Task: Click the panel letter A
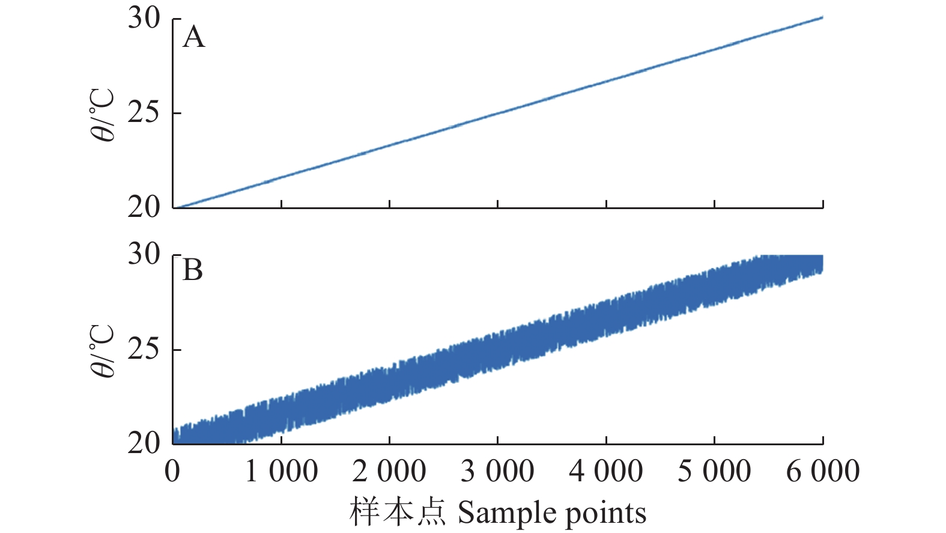point(193,37)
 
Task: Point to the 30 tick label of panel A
point(144,18)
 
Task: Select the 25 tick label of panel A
point(144,112)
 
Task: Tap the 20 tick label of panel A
point(144,207)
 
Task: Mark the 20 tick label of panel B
point(144,443)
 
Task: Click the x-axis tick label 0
point(172,471)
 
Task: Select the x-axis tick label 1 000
point(281,471)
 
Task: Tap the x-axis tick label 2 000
point(389,471)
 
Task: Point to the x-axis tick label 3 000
point(497,471)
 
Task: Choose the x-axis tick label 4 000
point(606,471)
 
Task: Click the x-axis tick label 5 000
point(714,471)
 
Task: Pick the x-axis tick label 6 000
point(823,471)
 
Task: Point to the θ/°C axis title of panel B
point(103,351)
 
